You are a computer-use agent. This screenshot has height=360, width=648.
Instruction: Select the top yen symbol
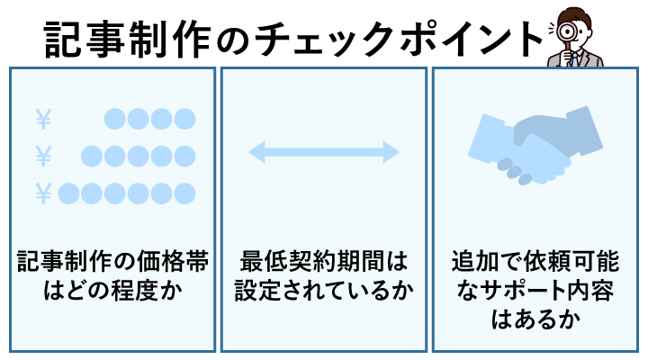pyautogui.click(x=42, y=118)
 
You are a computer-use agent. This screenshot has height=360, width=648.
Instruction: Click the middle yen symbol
pyautogui.click(x=42, y=156)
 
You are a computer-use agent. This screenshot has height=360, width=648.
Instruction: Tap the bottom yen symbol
pyautogui.click(x=42, y=193)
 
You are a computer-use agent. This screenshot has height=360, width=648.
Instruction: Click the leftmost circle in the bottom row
pyautogui.click(x=69, y=193)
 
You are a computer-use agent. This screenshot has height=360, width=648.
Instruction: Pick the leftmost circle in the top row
pyautogui.click(x=115, y=118)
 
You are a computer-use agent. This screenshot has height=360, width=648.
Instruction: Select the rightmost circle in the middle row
pyautogui.click(x=184, y=156)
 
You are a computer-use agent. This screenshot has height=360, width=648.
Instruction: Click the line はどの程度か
pyautogui.click(x=113, y=292)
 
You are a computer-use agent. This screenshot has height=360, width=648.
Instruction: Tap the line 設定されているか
pyautogui.click(x=323, y=292)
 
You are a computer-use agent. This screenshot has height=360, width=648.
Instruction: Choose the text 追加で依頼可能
pyautogui.click(x=535, y=264)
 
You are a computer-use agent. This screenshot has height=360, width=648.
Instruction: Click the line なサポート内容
pyautogui.click(x=535, y=292)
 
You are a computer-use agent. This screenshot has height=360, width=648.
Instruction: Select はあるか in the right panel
pyautogui.click(x=535, y=319)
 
